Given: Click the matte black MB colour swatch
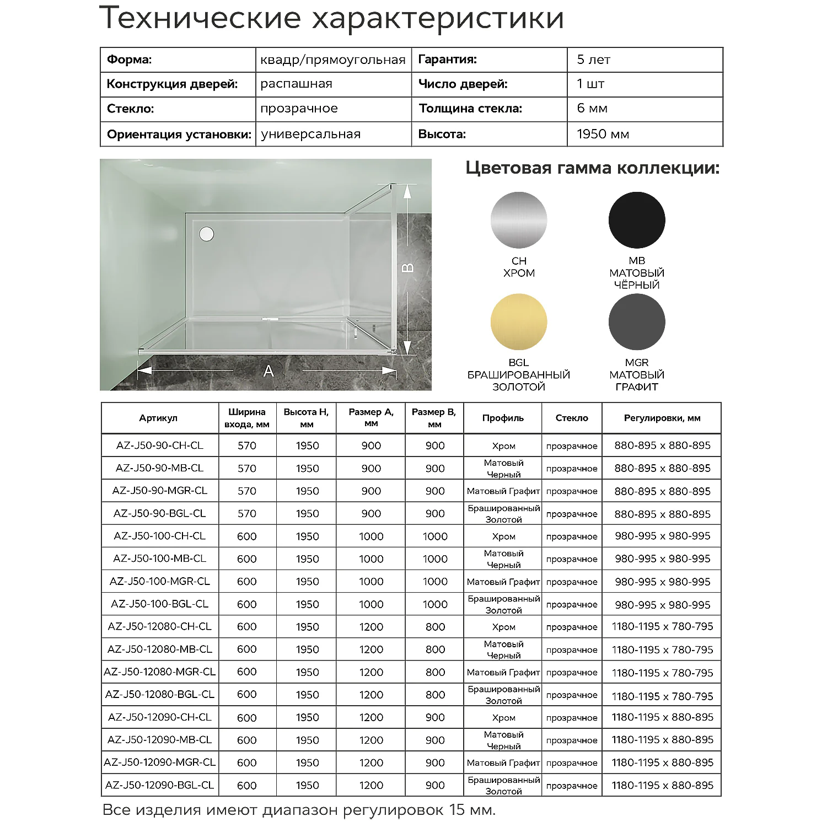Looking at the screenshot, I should [637, 220].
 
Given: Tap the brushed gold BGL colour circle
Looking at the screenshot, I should [519, 322].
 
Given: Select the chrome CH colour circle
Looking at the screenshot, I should [519, 220].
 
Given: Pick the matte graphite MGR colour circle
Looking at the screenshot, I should [637, 322].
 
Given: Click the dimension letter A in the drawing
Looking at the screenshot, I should [268, 371].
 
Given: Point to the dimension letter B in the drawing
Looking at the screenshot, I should [407, 268].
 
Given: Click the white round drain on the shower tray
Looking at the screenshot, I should [206, 234].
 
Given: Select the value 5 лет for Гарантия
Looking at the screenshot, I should [593, 60].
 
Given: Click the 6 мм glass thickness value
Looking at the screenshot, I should [592, 109].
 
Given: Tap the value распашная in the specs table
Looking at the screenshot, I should [296, 84].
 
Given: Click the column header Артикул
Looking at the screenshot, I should [158, 418].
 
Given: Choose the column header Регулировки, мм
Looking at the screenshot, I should [662, 418].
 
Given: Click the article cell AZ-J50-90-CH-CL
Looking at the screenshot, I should [159, 445].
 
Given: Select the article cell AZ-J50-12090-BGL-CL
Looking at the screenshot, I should [159, 785].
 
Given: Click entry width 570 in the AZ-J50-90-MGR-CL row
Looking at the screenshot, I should [246, 491].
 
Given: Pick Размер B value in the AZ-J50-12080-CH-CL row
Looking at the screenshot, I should [435, 627].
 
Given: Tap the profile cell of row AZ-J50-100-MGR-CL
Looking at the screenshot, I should [503, 582].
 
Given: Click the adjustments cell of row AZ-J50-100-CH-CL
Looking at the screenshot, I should [662, 536].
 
